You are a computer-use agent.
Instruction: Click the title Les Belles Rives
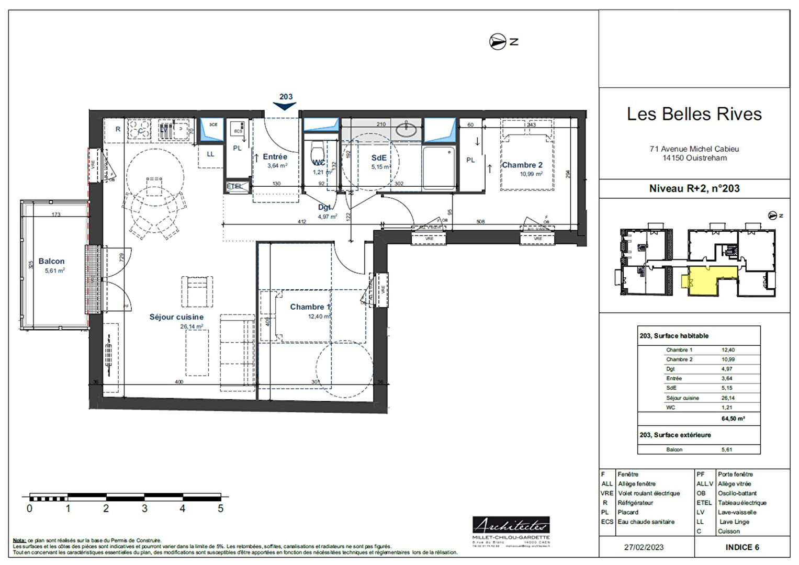pos(694,114)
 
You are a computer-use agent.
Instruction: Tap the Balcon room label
pos(51,261)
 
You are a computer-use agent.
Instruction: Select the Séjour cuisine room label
pos(176,317)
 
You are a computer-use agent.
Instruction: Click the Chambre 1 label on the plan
pos(310,307)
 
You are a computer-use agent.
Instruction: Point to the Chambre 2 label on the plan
pos(522,165)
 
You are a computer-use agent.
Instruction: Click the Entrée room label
pos(275,156)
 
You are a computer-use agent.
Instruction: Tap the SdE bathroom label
pos(379,157)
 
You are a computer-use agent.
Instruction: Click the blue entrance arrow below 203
pos(285,106)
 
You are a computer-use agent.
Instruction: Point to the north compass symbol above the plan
pos(498,42)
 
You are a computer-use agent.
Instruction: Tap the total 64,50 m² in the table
pos(733,419)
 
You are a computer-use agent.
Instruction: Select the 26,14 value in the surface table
pos(728,398)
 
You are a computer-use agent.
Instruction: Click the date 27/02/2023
pos(644,547)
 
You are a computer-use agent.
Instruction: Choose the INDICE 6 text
pos(742,547)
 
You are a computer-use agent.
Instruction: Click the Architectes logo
pos(511,525)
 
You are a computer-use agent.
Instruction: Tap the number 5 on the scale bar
pos(220,508)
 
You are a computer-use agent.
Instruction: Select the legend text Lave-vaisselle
pos(737,512)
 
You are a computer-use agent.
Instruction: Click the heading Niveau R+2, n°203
pos(694,189)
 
